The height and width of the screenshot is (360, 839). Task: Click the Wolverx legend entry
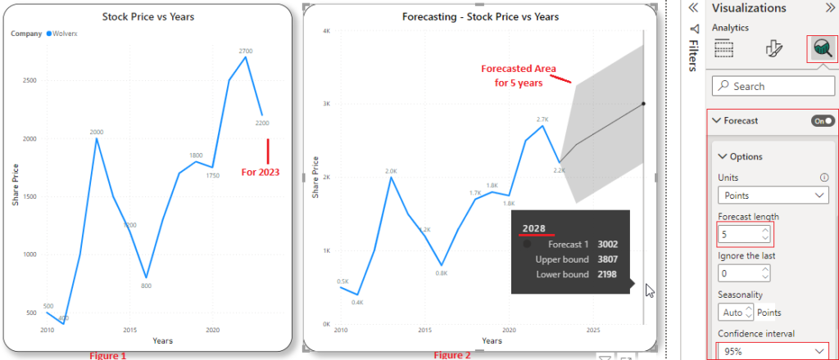[66, 34]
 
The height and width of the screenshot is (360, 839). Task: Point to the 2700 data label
[246, 52]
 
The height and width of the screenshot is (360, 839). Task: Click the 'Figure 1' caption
[108, 355]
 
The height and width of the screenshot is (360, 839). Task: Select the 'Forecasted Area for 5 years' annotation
[518, 75]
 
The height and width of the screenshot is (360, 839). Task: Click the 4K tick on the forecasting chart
[325, 31]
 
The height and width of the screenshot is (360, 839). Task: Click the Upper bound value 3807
[608, 259]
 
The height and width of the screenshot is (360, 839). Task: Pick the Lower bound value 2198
[608, 274]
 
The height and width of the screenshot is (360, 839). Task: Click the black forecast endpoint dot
[644, 103]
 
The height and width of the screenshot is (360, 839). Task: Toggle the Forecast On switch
[823, 120]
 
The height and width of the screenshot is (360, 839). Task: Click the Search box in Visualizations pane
[773, 86]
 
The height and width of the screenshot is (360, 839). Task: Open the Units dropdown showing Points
[773, 196]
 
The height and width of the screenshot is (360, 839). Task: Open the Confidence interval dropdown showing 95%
[773, 352]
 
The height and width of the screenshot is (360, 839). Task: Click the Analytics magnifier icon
[822, 50]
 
